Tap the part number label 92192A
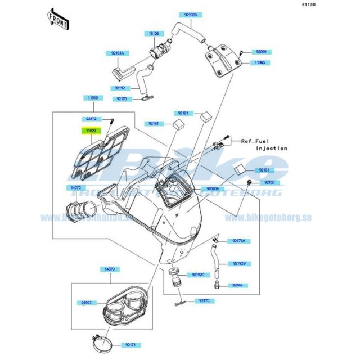pyautogui.click(x=190, y=14)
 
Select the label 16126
pyautogui.click(x=154, y=34)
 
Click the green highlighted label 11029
pyautogui.click(x=91, y=131)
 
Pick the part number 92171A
pyautogui.click(x=239, y=241)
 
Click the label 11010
pyautogui.click(x=92, y=98)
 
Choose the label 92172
pyautogui.click(x=91, y=119)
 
